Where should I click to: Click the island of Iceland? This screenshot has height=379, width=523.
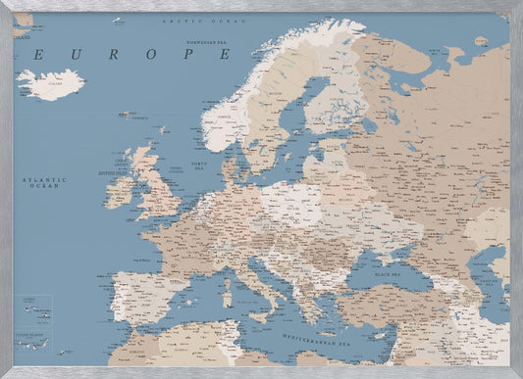(49, 84)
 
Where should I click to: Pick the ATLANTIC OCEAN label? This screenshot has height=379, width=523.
(43, 182)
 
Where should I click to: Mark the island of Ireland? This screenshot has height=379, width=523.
(119, 191)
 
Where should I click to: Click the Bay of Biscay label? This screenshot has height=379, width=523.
(140, 260)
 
